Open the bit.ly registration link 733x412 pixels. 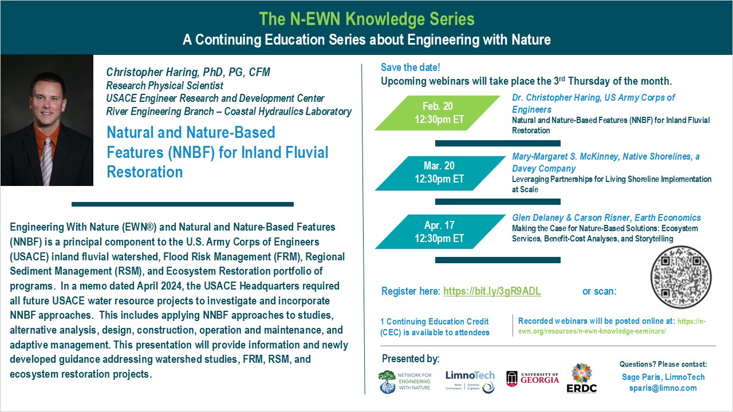pos(491,291)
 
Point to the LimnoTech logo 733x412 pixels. pos(470,381)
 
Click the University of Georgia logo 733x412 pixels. pos(533,378)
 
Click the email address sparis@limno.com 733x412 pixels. pos(663,388)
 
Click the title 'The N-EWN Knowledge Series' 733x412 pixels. pos(366,19)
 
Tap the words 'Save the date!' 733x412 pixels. pos(411,68)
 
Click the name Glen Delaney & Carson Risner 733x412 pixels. pos(578,217)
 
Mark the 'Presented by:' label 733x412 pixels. pos(411,359)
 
